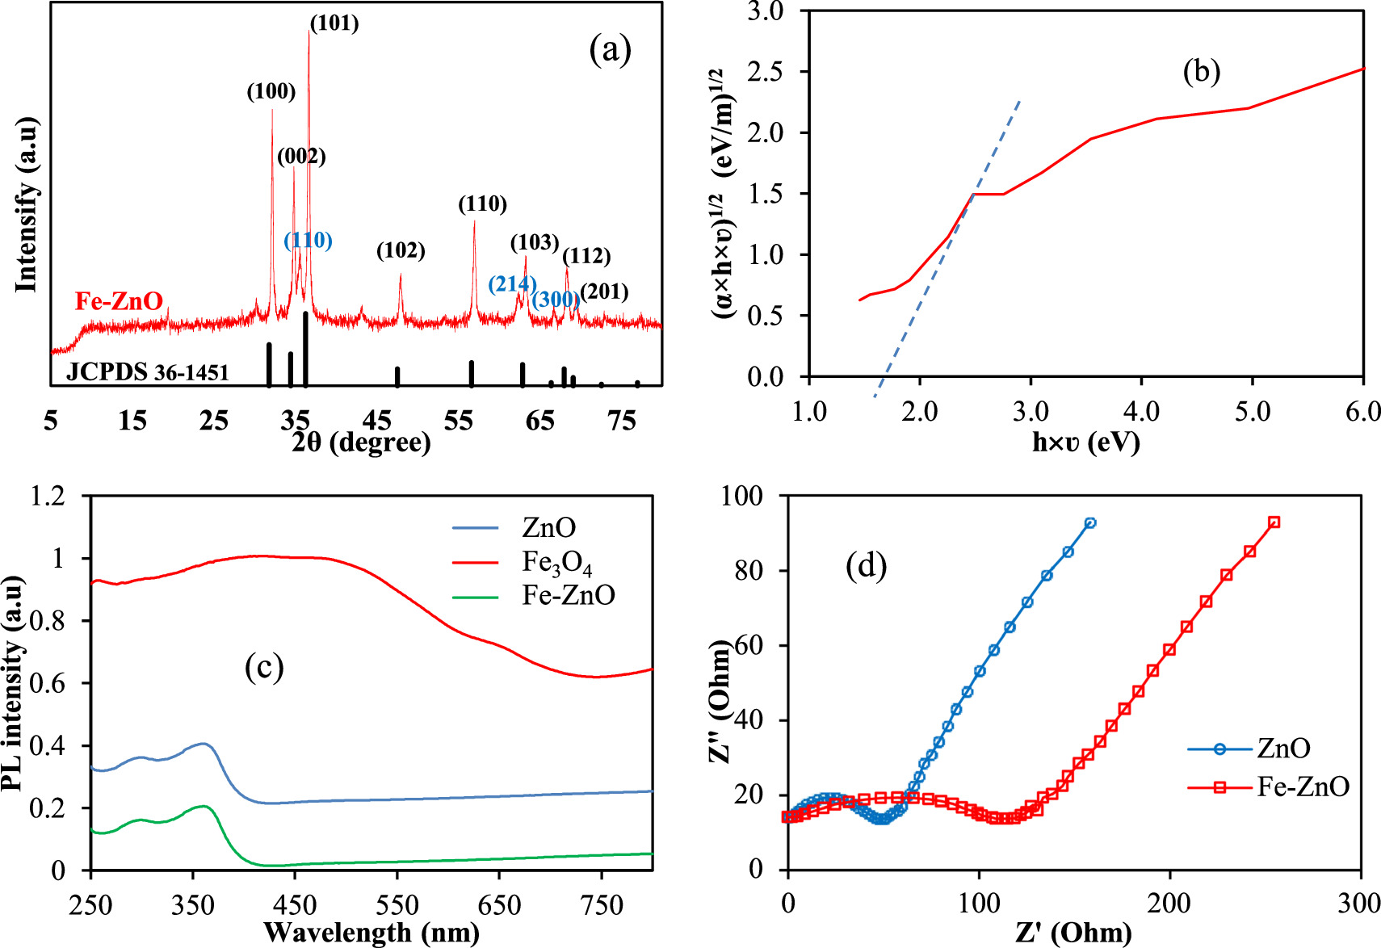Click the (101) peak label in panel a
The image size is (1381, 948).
[334, 23]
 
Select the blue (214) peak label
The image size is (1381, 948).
[511, 283]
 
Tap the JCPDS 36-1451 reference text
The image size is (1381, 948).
[148, 372]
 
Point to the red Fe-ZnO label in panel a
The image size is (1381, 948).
[119, 301]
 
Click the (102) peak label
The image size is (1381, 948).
[401, 251]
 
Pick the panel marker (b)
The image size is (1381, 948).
[1201, 72]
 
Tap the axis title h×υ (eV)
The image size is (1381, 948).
[1085, 442]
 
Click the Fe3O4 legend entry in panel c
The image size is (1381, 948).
[556, 562]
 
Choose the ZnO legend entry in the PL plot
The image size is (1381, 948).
[548, 528]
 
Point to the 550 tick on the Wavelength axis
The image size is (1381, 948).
[397, 904]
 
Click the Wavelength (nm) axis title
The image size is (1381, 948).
[371, 933]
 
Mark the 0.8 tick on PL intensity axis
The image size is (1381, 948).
[50, 620]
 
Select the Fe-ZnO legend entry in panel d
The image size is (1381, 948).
[1302, 787]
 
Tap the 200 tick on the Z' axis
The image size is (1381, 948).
[1169, 903]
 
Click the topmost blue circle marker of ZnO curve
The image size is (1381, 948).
[1090, 523]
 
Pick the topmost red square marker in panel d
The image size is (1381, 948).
[1274, 522]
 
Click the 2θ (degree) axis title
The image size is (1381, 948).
[361, 442]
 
